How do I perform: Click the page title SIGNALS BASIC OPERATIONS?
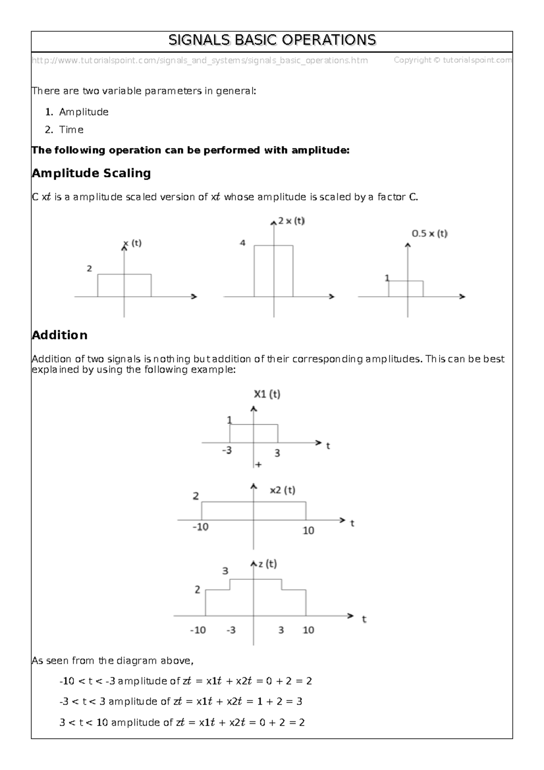pyautogui.click(x=272, y=40)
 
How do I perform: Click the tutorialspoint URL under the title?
pyautogui.click(x=199, y=60)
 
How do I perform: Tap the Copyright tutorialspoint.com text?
pyautogui.click(x=452, y=60)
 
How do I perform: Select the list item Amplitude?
pyautogui.click(x=83, y=112)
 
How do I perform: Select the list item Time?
pyautogui.click(x=71, y=130)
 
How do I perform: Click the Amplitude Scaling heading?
pyautogui.click(x=91, y=173)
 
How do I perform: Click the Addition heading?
pyautogui.click(x=59, y=335)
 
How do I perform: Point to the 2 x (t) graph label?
pyautogui.click(x=291, y=221)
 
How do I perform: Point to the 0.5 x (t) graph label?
pyautogui.click(x=429, y=234)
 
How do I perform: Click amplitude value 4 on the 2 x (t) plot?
pyautogui.click(x=243, y=243)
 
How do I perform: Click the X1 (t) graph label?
pyautogui.click(x=267, y=394)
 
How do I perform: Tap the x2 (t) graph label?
pyautogui.click(x=282, y=490)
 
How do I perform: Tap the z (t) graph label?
pyautogui.click(x=267, y=564)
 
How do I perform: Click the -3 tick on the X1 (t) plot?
pyautogui.click(x=227, y=451)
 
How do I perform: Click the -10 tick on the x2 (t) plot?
pyautogui.click(x=200, y=527)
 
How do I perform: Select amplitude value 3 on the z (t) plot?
pyautogui.click(x=225, y=571)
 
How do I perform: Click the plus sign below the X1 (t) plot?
pyautogui.click(x=258, y=464)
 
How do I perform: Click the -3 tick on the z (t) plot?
pyautogui.click(x=231, y=630)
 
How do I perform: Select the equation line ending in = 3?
pyautogui.click(x=180, y=702)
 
